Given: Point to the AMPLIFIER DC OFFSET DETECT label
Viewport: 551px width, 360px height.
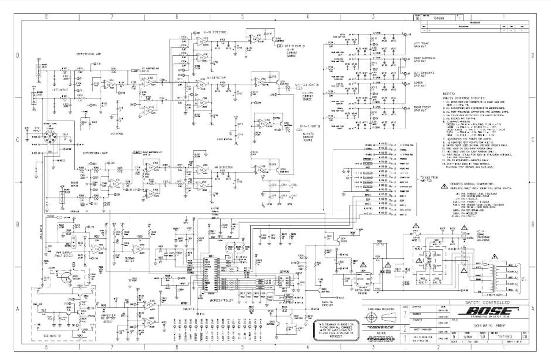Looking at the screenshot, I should [106, 317].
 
